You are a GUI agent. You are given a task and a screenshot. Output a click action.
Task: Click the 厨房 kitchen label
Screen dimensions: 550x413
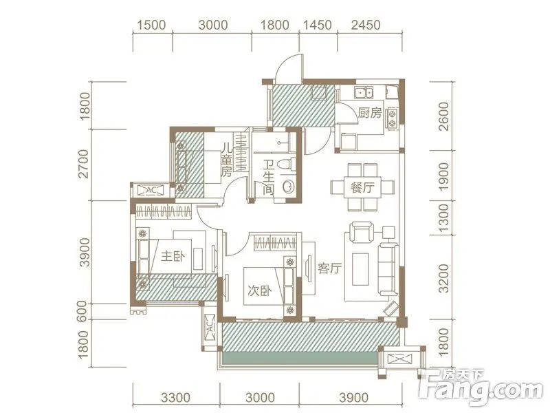(369, 113)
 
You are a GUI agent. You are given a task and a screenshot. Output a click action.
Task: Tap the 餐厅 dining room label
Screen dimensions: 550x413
(362, 187)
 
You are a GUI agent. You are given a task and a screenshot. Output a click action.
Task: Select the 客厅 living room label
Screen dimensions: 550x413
(329, 268)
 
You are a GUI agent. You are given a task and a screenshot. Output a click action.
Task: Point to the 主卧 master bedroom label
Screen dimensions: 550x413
(173, 257)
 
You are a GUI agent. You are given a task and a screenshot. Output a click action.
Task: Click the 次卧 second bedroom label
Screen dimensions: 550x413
(260, 290)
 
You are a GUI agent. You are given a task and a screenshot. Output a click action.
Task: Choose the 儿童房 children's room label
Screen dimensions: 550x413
(227, 161)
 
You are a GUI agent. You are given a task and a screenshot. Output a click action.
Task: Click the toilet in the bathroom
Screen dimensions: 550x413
(285, 165)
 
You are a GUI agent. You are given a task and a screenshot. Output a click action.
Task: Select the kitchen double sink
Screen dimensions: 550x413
(364, 93)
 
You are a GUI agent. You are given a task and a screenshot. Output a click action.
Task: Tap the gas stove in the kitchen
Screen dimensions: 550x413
(392, 118)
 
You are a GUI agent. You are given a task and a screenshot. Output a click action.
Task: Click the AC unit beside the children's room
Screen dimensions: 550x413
(151, 191)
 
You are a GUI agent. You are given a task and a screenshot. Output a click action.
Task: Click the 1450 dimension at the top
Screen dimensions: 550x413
(318, 25)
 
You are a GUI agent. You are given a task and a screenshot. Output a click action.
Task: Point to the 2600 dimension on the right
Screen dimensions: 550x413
(443, 116)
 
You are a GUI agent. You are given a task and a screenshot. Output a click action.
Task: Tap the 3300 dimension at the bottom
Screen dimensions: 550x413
(176, 398)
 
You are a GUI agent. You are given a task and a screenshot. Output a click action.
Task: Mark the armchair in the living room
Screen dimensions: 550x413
(362, 232)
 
